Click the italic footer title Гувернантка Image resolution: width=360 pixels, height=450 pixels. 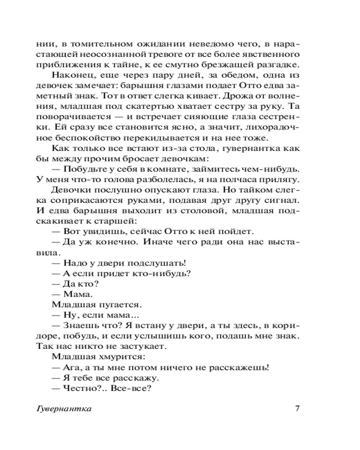[x=63, y=409]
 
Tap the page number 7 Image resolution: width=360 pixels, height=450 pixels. [x=297, y=409]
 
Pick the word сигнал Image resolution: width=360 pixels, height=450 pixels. [x=283, y=200]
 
